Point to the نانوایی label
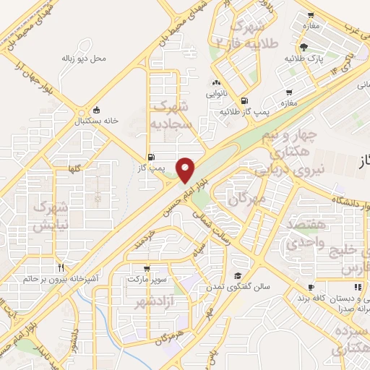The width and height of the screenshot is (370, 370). pos(216,92)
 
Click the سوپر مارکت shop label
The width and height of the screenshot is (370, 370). pos(148,278)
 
